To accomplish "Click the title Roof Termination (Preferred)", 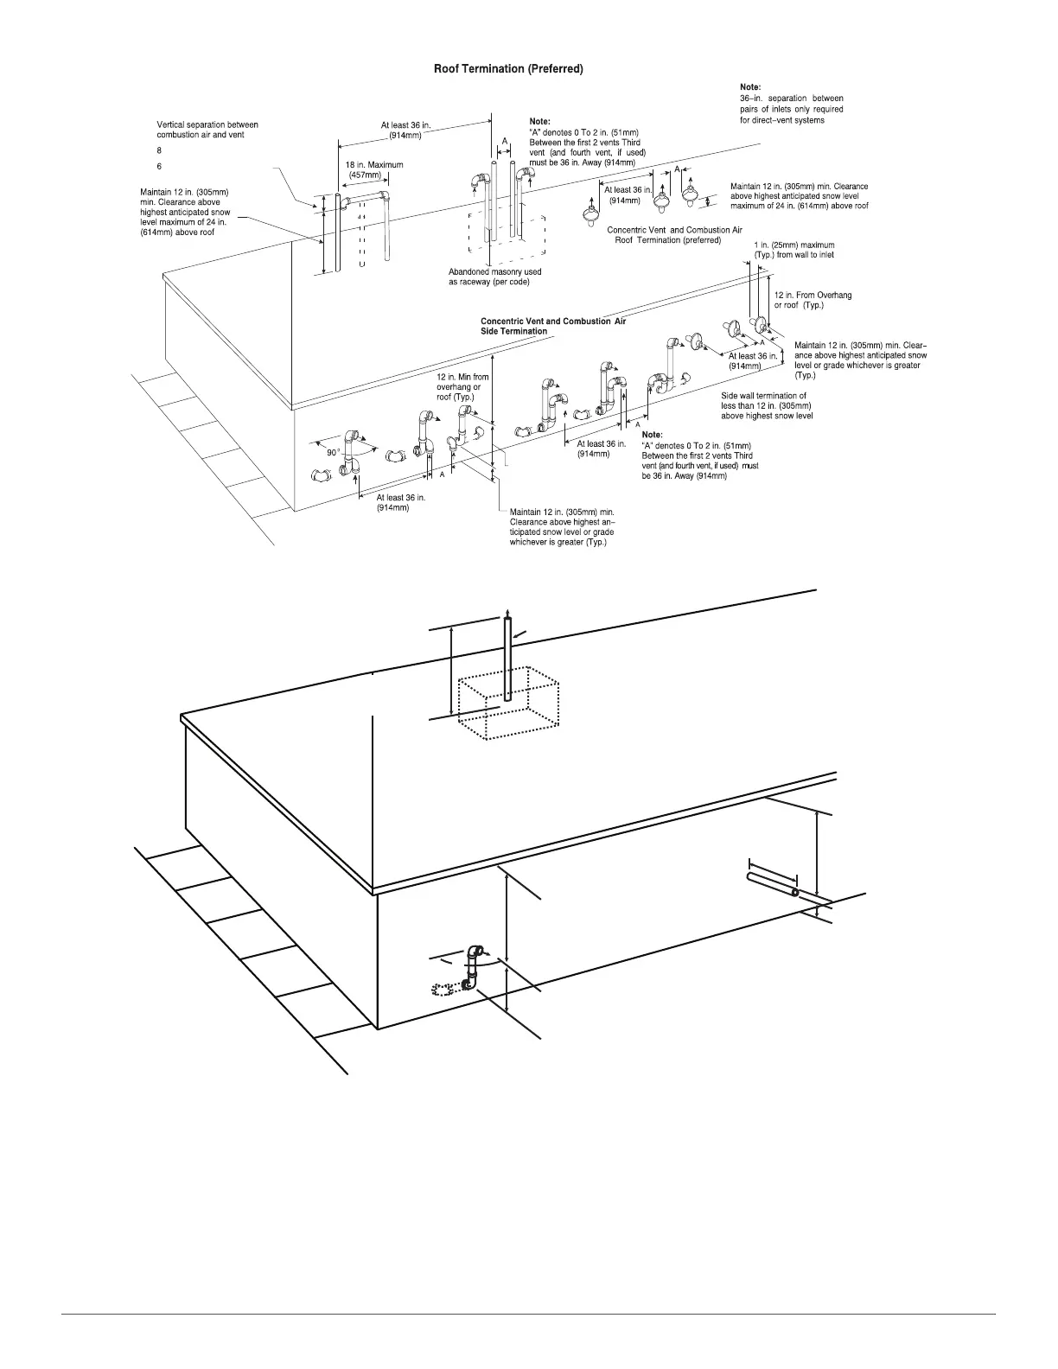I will [507, 69].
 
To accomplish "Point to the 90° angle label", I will [333, 452].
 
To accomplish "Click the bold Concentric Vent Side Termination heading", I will [552, 326].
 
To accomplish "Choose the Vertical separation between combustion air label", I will [207, 130].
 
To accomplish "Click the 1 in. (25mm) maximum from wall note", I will [793, 250].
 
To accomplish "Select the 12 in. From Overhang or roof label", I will [812, 300].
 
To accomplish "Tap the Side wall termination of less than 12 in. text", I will [767, 405].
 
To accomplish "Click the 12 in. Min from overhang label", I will [462, 387].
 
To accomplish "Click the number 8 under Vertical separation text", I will [159, 150].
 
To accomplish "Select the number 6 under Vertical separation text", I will [159, 166].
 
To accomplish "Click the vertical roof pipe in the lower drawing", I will [507, 657].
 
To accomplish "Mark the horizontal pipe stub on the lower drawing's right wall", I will [772, 884].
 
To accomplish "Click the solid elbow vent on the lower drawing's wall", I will [474, 965].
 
